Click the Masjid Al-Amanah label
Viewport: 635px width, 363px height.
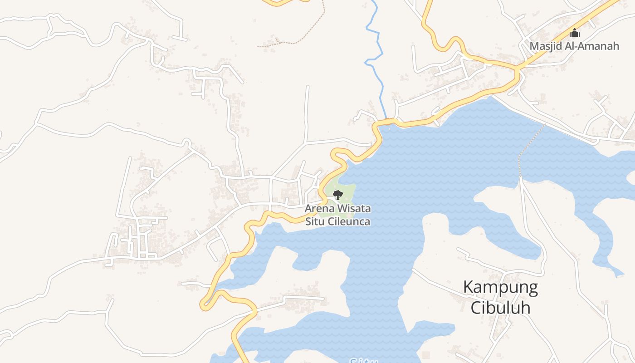tap(574, 46)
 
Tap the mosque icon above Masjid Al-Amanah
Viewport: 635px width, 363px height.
tap(575, 33)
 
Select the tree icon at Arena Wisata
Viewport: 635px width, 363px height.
tap(337, 195)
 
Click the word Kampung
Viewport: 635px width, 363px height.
tap(500, 287)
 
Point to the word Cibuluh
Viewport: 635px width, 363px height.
tap(500, 308)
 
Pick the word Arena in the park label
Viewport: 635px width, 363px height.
tap(317, 209)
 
